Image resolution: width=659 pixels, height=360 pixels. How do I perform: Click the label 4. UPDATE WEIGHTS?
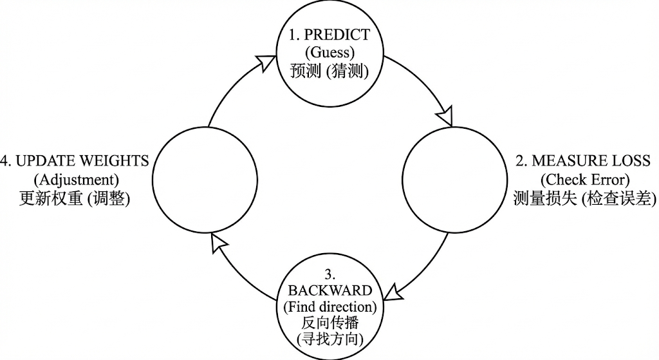tap(75, 161)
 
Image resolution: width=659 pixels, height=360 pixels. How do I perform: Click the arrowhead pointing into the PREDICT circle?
tap(265, 62)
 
